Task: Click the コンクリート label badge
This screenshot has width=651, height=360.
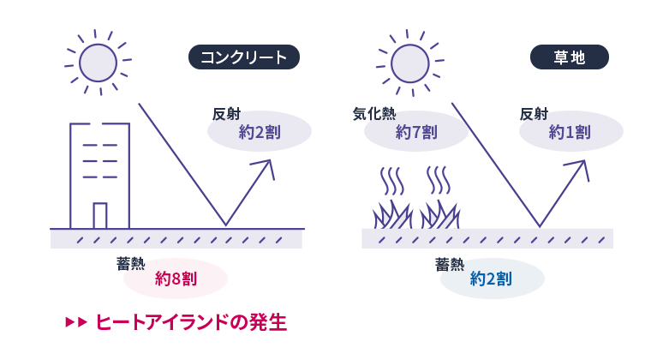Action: click(x=243, y=57)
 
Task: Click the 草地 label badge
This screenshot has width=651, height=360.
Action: click(x=569, y=57)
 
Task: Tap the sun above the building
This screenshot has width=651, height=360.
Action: click(x=98, y=63)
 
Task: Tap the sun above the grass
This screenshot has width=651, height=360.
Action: click(x=409, y=63)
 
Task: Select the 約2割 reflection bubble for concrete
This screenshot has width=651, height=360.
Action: click(x=260, y=132)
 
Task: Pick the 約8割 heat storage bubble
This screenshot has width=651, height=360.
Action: click(x=176, y=279)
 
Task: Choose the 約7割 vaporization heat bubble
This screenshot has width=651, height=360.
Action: click(x=416, y=132)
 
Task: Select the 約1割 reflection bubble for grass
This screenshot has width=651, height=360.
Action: click(x=570, y=132)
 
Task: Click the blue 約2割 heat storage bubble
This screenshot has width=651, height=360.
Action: click(x=492, y=279)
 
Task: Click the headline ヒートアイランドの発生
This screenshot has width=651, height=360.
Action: click(x=190, y=322)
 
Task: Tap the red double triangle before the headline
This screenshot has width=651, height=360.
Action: click(x=76, y=322)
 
